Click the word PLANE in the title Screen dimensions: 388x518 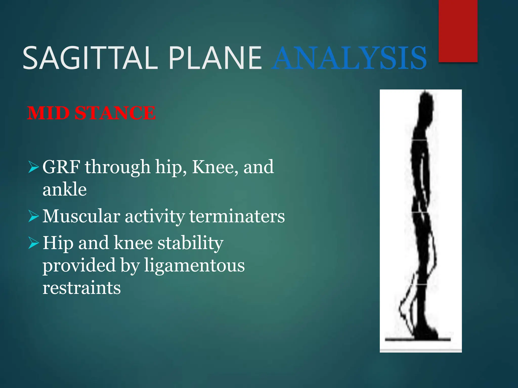pos(215,58)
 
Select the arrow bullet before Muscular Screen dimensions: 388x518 pos(34,216)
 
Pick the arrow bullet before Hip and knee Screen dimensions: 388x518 pos(34,243)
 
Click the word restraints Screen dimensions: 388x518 pos(81,288)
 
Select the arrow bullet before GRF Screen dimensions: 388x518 pos(34,167)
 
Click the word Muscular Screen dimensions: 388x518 pos(81,216)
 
